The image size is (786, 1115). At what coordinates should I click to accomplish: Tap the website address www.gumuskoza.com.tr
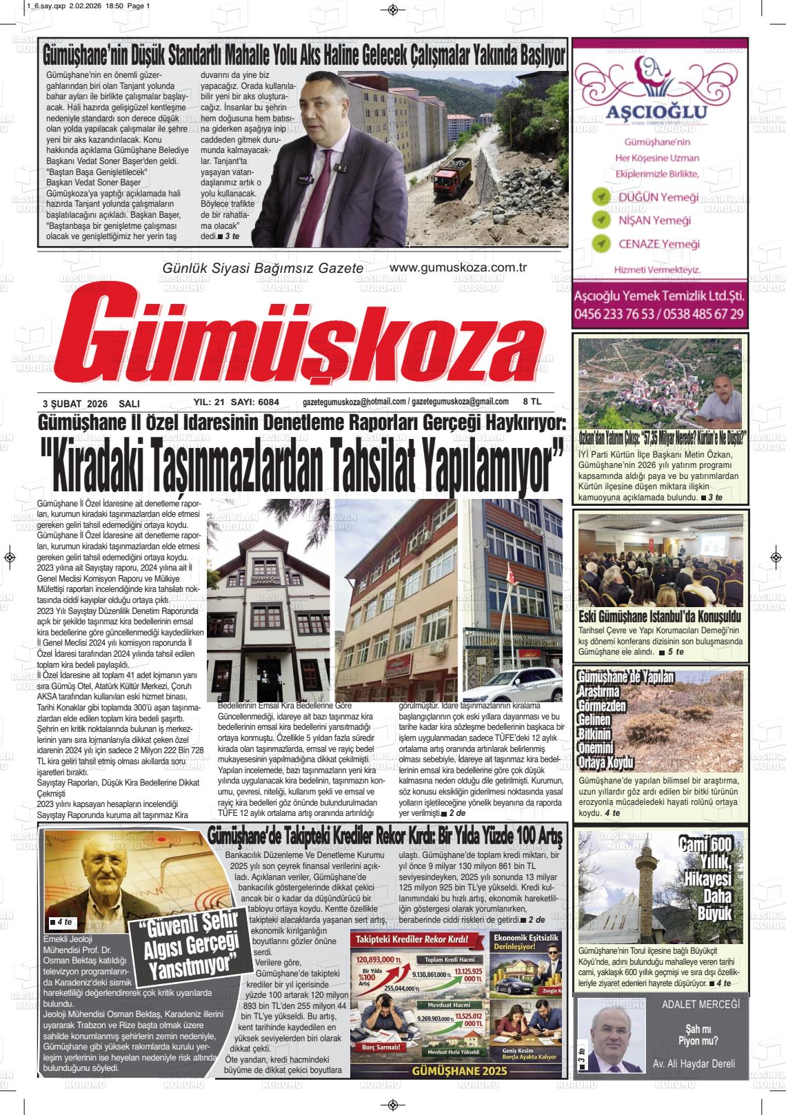[458, 267]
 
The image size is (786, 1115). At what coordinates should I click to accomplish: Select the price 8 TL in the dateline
[532, 402]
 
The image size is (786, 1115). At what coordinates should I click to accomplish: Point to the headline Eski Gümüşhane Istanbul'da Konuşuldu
[660, 615]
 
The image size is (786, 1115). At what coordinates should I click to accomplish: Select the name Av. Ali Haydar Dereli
[694, 1063]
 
